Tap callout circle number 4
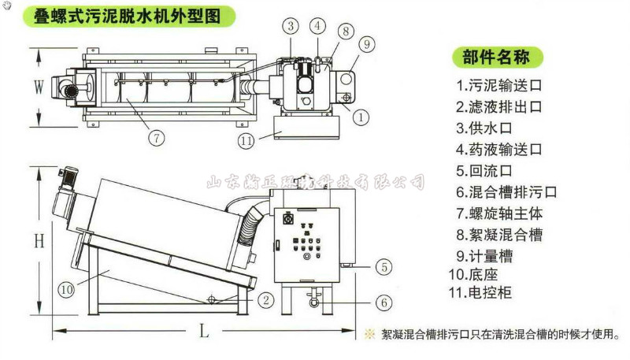pyautogui.click(x=317, y=25)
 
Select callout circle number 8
pyautogui.click(x=346, y=32)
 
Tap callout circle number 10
pyautogui.click(x=66, y=289)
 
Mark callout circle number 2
pyautogui.click(x=266, y=299)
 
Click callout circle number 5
pyautogui.click(x=382, y=267)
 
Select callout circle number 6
pyautogui.click(x=382, y=302)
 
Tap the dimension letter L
pyautogui.click(x=203, y=332)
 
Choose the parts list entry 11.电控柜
pyautogui.click(x=490, y=293)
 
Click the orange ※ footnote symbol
pyautogui.click(x=369, y=333)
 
